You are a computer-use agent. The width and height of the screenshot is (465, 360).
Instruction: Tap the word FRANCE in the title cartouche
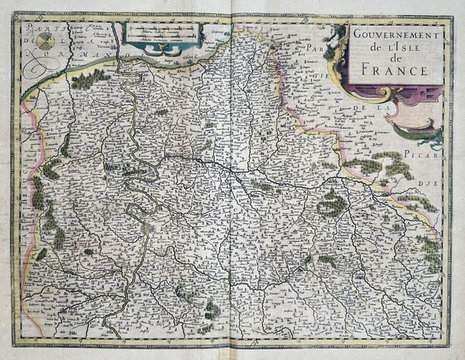click(x=395, y=70)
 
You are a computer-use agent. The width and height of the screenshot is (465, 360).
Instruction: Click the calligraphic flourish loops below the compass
click(x=43, y=68)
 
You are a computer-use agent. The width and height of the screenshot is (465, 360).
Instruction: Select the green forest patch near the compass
click(x=89, y=78)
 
